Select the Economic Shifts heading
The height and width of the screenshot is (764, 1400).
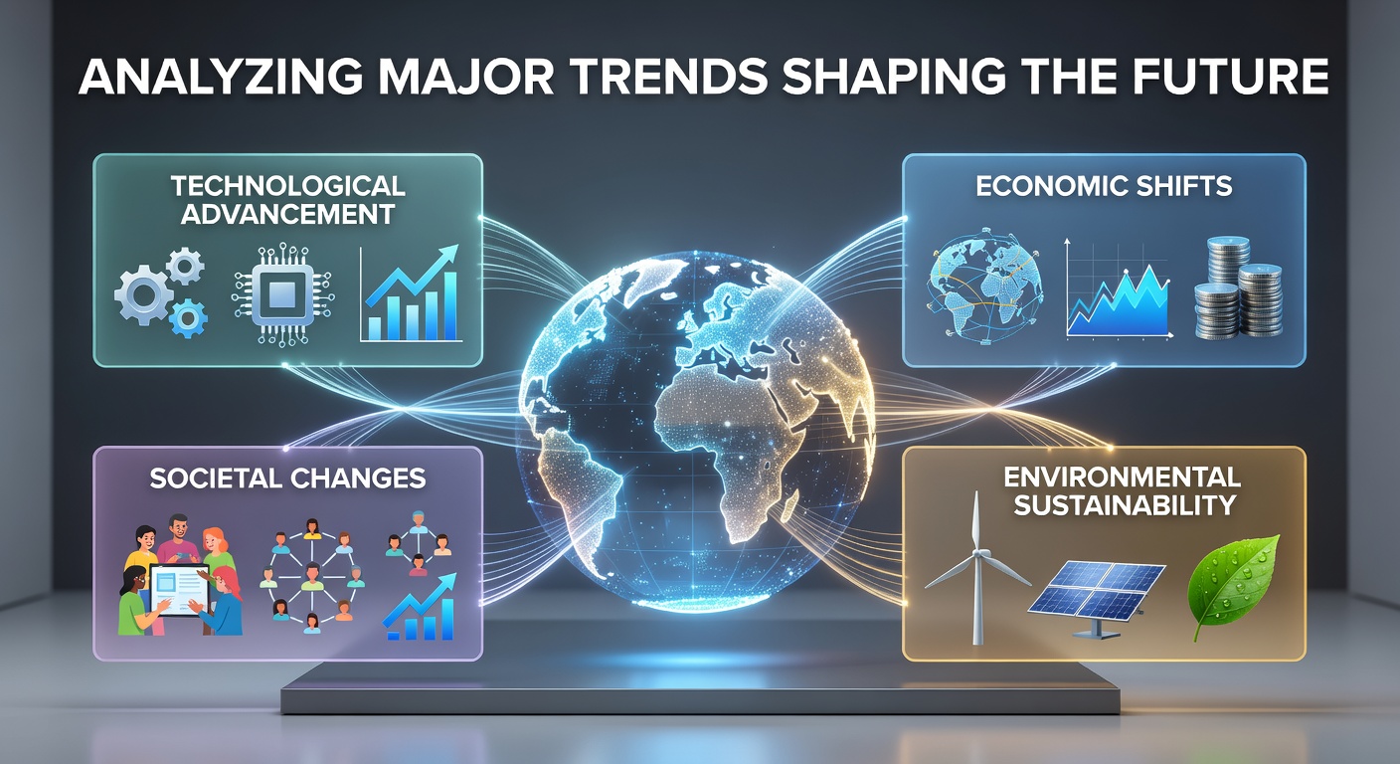(1104, 186)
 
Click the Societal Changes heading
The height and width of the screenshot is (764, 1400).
(287, 478)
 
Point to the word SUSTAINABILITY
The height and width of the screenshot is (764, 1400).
(1125, 505)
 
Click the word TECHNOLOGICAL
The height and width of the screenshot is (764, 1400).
(287, 186)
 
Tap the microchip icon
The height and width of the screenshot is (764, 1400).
(282, 294)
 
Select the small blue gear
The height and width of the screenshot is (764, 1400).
(188, 318)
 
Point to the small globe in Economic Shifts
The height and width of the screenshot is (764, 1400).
(984, 286)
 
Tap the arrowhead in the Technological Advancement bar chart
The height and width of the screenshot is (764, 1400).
(445, 255)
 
